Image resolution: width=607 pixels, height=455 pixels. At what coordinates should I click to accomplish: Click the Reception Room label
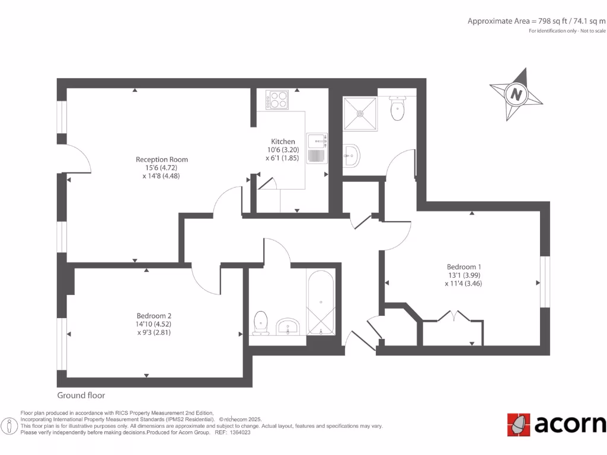162,159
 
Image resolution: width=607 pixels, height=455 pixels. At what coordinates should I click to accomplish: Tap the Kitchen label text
283,142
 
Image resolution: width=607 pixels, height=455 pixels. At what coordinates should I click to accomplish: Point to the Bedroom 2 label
154,316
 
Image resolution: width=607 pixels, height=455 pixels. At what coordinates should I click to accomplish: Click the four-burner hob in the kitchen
277,99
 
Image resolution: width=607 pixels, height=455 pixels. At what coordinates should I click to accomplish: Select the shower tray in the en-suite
360,114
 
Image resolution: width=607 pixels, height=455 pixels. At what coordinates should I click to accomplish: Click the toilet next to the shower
397,109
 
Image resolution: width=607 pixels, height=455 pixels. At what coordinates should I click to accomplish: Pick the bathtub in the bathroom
320,303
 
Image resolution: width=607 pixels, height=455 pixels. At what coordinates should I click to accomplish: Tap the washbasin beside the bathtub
288,326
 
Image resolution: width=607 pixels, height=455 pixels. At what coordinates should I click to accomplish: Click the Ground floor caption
81,395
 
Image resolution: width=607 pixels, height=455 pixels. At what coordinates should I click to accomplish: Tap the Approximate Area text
536,21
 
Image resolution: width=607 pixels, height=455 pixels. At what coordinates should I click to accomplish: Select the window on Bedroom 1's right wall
544,281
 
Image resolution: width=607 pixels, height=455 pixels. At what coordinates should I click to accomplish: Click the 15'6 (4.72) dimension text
162,168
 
